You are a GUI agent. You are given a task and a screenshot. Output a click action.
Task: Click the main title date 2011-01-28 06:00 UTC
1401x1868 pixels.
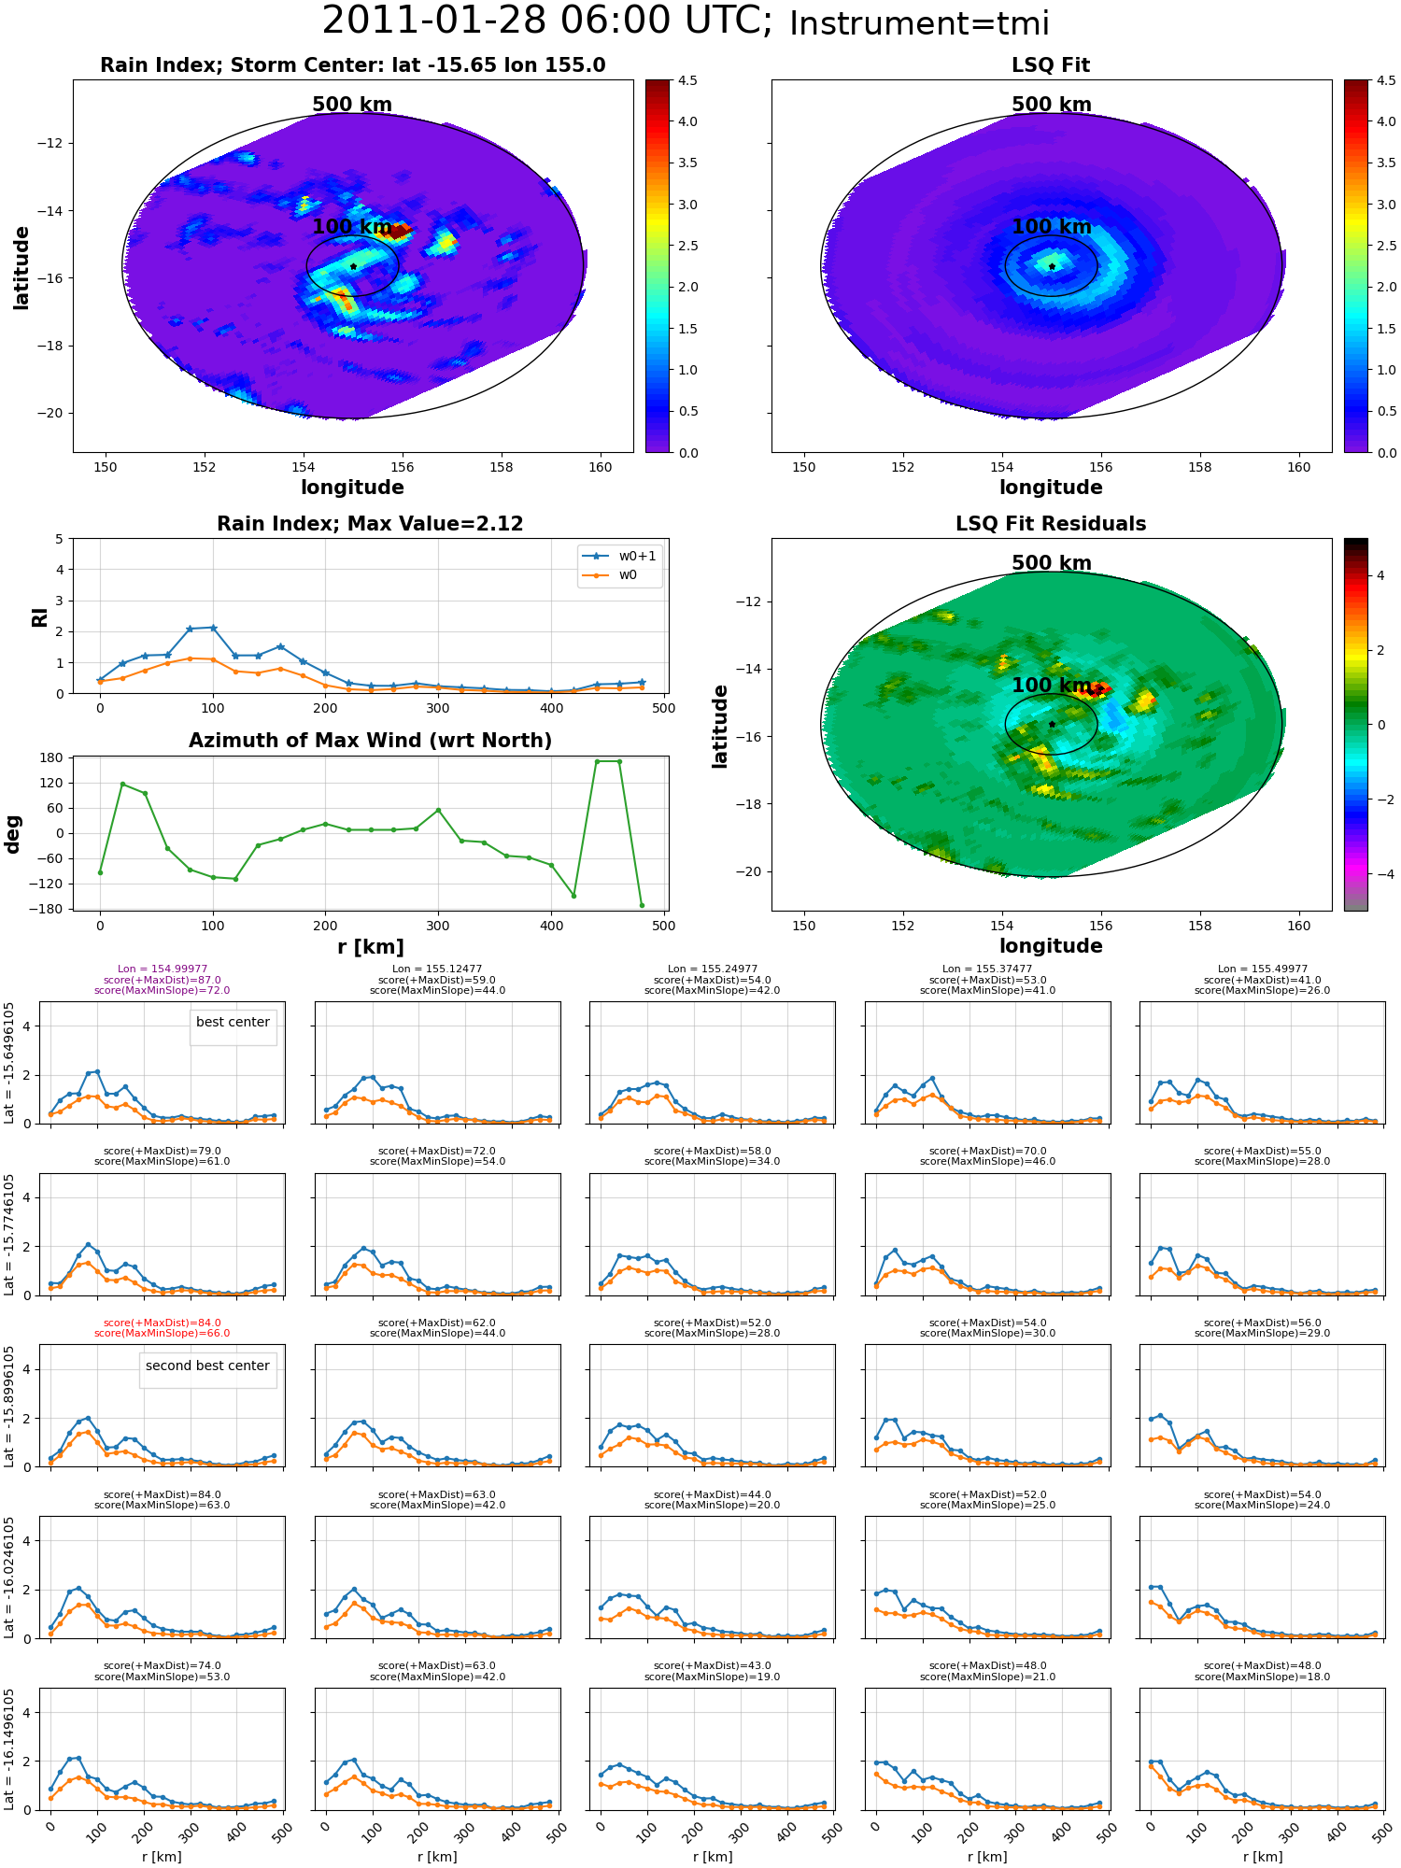[x=547, y=21]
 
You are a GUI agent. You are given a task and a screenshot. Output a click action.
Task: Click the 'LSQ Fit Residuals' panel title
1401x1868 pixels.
[x=1051, y=524]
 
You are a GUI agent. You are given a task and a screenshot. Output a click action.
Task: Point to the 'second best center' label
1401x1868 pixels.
[x=207, y=1366]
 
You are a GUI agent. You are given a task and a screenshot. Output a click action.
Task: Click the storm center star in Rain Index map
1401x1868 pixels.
[x=353, y=266]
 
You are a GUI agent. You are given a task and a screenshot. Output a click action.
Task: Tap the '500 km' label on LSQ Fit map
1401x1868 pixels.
[x=1052, y=105]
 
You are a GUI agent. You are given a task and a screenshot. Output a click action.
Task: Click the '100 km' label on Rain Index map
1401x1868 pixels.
[x=352, y=226]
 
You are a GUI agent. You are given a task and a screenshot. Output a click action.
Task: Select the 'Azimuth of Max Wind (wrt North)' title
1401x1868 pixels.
[x=370, y=741]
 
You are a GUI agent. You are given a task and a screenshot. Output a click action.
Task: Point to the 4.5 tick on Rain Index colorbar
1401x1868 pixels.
[x=687, y=80]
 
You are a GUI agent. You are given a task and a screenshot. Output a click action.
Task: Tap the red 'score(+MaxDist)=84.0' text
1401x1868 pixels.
[x=163, y=1323]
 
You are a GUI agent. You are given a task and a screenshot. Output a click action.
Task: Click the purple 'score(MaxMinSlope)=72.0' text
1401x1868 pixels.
[x=163, y=990]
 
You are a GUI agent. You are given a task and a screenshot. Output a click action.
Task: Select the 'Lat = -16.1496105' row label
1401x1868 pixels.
[x=9, y=1748]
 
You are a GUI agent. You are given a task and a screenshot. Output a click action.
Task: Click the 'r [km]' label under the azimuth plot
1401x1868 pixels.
[x=370, y=947]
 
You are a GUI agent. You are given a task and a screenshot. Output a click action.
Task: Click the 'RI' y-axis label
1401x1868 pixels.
[x=40, y=616]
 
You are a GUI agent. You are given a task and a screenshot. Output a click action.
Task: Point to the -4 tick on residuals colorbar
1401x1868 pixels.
[x=1380, y=874]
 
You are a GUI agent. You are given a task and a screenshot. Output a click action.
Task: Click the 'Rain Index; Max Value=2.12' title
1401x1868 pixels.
[x=370, y=524]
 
